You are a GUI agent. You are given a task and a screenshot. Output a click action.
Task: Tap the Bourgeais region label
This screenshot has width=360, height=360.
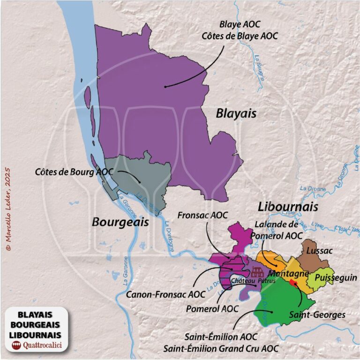(120, 222)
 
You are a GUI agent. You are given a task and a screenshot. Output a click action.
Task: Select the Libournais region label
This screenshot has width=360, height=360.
(288, 207)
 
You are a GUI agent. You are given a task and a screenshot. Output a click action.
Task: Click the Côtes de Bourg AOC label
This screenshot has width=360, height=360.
(74, 172)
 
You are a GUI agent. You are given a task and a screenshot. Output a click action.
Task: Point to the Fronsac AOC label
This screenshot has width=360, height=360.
(202, 215)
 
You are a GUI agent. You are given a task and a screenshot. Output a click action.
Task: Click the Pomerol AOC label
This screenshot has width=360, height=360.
(212, 309)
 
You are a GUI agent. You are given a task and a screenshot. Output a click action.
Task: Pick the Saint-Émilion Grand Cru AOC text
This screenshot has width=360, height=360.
(220, 348)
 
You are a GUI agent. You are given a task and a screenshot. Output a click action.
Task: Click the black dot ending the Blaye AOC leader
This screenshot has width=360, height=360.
(165, 86)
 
